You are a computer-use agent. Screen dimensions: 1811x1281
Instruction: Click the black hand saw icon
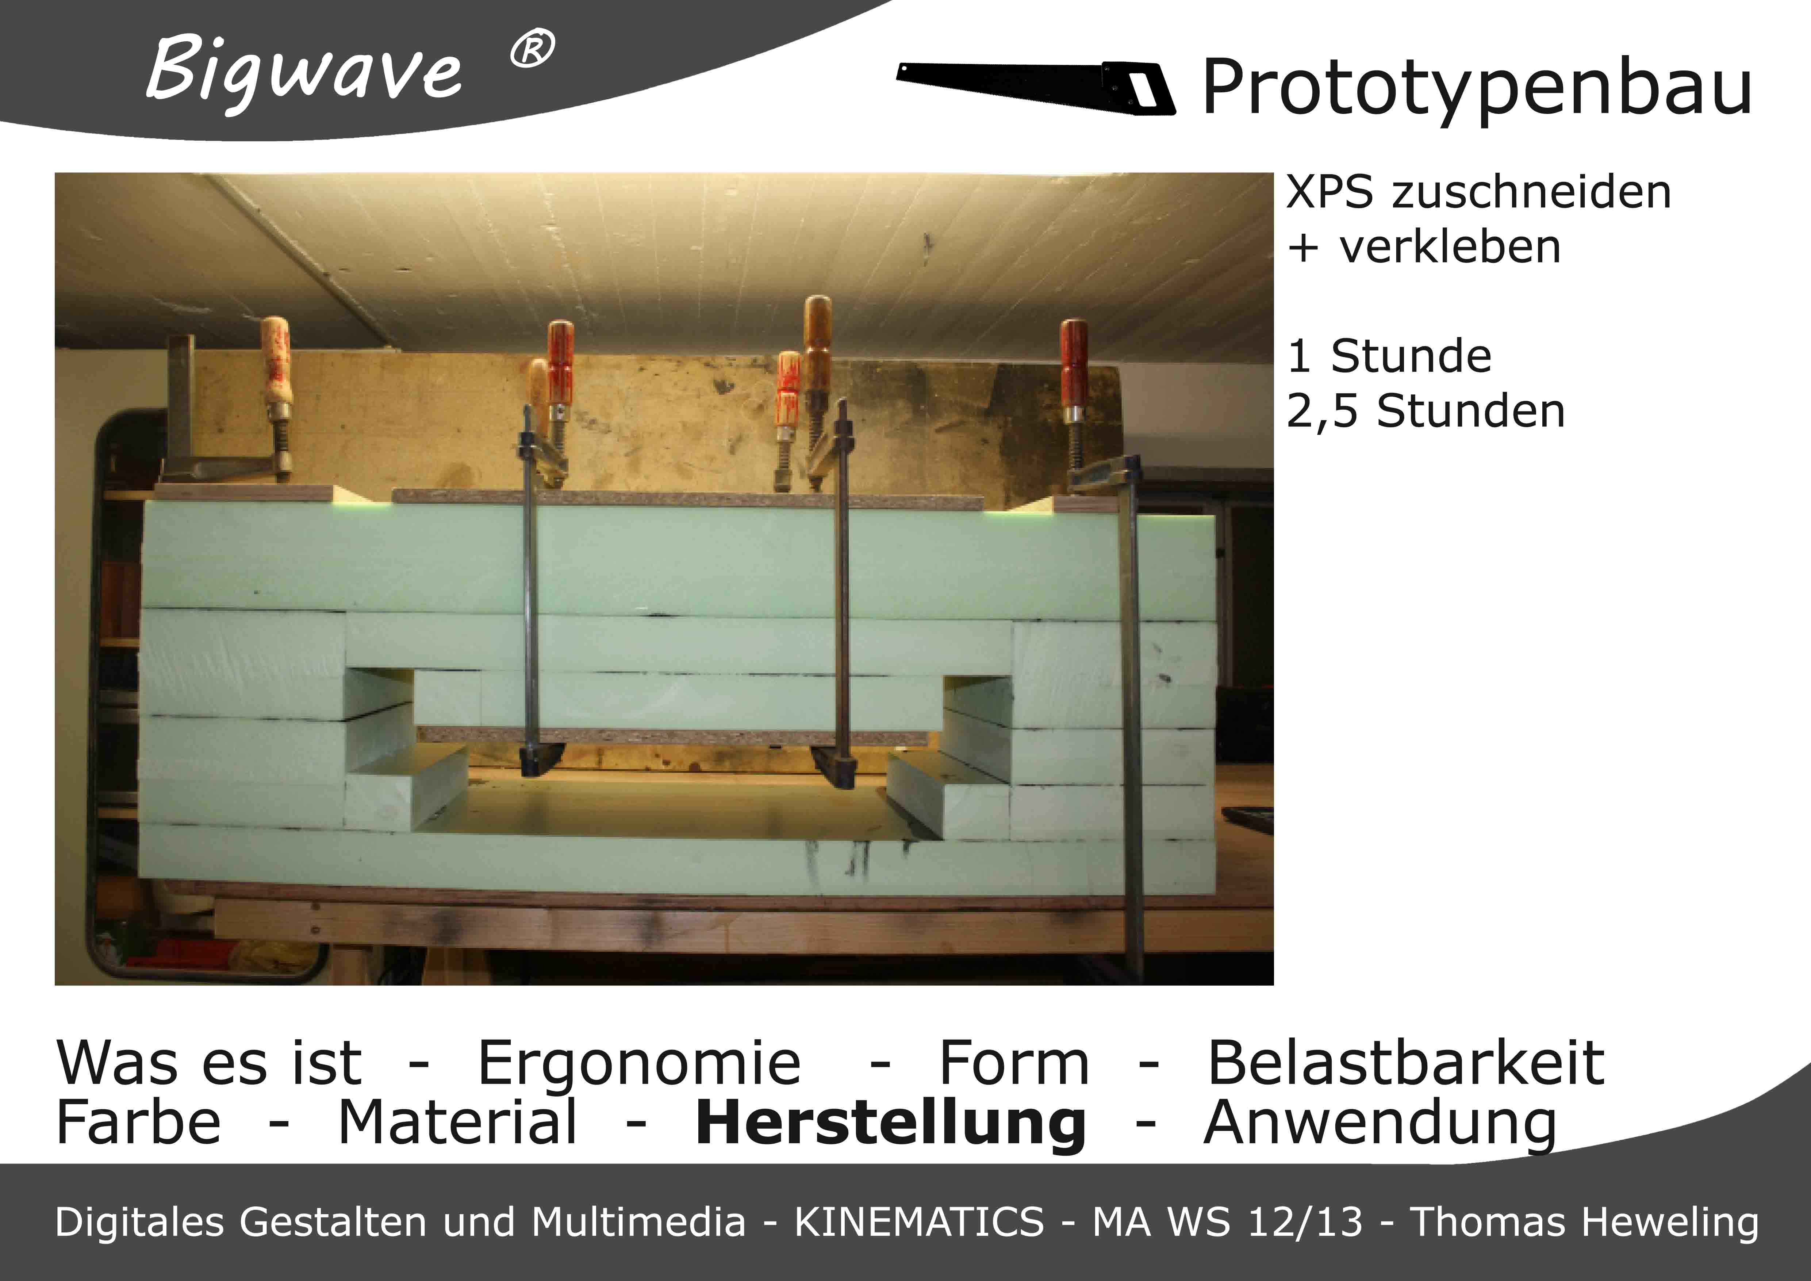1036,87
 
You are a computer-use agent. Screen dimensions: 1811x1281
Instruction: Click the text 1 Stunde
1390,356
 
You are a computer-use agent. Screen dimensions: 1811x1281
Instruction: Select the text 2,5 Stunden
1426,411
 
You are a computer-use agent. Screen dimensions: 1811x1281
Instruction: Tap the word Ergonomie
640,1064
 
